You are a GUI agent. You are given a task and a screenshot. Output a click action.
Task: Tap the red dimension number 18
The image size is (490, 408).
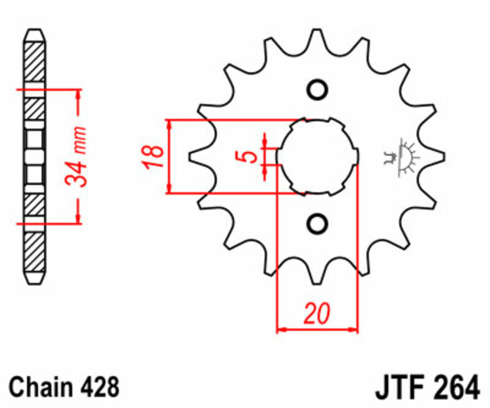(154, 157)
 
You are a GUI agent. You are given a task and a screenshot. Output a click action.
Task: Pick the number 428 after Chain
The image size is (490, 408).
(98, 387)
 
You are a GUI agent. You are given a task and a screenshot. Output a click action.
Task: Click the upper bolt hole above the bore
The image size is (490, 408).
(317, 90)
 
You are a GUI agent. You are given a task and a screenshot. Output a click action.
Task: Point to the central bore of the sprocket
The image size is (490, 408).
(317, 156)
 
